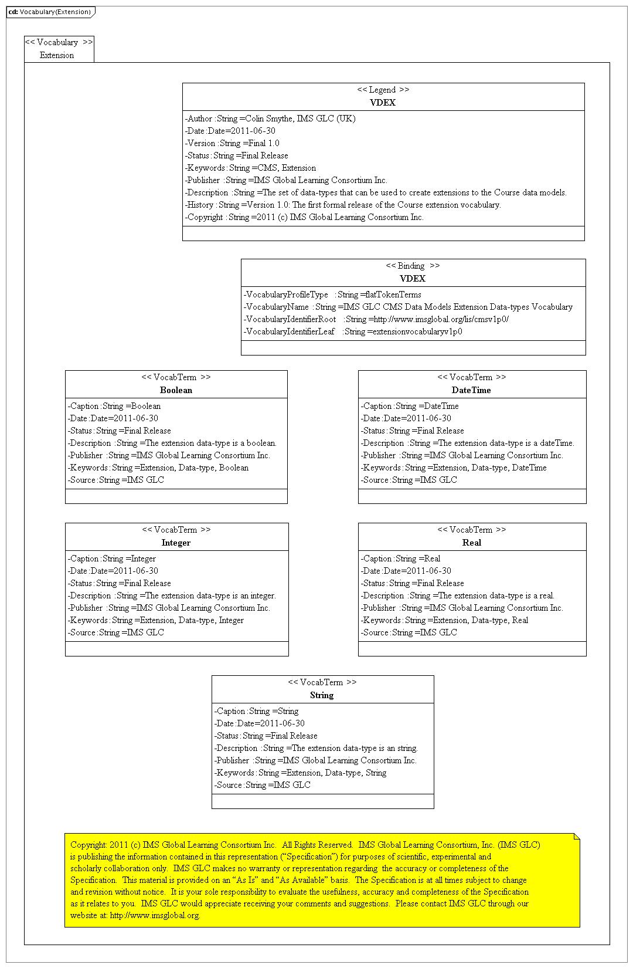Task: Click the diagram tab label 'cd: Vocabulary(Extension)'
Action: pyautogui.click(x=50, y=12)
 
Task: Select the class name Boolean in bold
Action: pyautogui.click(x=176, y=390)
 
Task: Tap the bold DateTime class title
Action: pyautogui.click(x=471, y=390)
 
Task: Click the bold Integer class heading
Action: pyautogui.click(x=176, y=543)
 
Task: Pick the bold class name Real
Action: pyautogui.click(x=471, y=543)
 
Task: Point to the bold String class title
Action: pyautogui.click(x=322, y=695)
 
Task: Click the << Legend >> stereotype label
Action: pyautogui.click(x=383, y=90)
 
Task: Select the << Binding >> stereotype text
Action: pyautogui.click(x=413, y=266)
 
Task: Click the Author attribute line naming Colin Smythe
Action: pyautogui.click(x=270, y=119)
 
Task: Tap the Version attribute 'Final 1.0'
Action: pyautogui.click(x=233, y=143)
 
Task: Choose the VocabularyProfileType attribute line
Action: pyautogui.click(x=332, y=295)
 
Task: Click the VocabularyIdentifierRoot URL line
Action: pyautogui.click(x=376, y=319)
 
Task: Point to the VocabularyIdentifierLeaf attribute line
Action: pyautogui.click(x=353, y=331)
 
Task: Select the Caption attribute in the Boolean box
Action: pyautogui.click(x=114, y=406)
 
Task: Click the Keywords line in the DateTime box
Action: pyautogui.click(x=454, y=468)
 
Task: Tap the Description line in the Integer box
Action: pyautogui.click(x=172, y=595)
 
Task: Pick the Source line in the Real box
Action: pyautogui.click(x=409, y=632)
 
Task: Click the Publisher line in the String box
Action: pyautogui.click(x=315, y=760)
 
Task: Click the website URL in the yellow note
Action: pyautogui.click(x=155, y=915)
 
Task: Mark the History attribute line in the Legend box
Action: pyautogui.click(x=343, y=205)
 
